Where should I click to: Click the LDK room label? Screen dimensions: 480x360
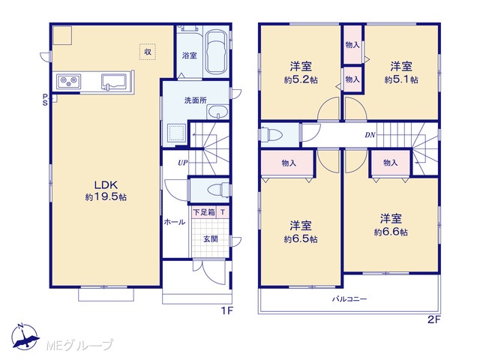(x=106, y=185)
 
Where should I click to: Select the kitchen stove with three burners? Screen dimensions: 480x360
(x=68, y=82)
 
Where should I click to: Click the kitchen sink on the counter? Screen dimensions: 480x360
(x=114, y=82)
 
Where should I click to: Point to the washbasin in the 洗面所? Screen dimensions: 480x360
(x=217, y=112)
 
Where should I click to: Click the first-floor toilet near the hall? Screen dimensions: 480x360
(x=218, y=190)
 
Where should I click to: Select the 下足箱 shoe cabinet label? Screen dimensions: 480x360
(x=204, y=212)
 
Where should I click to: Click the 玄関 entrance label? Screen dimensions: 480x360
(x=211, y=238)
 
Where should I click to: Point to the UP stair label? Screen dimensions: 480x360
(x=183, y=163)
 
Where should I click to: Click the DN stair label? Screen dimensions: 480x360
(x=370, y=135)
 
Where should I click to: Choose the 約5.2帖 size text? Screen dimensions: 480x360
(x=301, y=80)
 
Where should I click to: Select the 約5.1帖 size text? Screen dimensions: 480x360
(x=401, y=80)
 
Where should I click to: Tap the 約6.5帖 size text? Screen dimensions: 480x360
(x=301, y=238)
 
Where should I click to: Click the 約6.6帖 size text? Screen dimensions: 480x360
(x=391, y=232)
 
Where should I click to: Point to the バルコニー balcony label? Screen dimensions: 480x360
(x=349, y=298)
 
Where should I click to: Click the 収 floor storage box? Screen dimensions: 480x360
(x=148, y=52)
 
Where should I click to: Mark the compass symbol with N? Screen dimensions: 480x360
(x=25, y=336)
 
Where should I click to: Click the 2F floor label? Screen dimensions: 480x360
(x=433, y=320)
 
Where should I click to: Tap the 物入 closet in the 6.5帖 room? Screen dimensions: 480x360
(x=288, y=163)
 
